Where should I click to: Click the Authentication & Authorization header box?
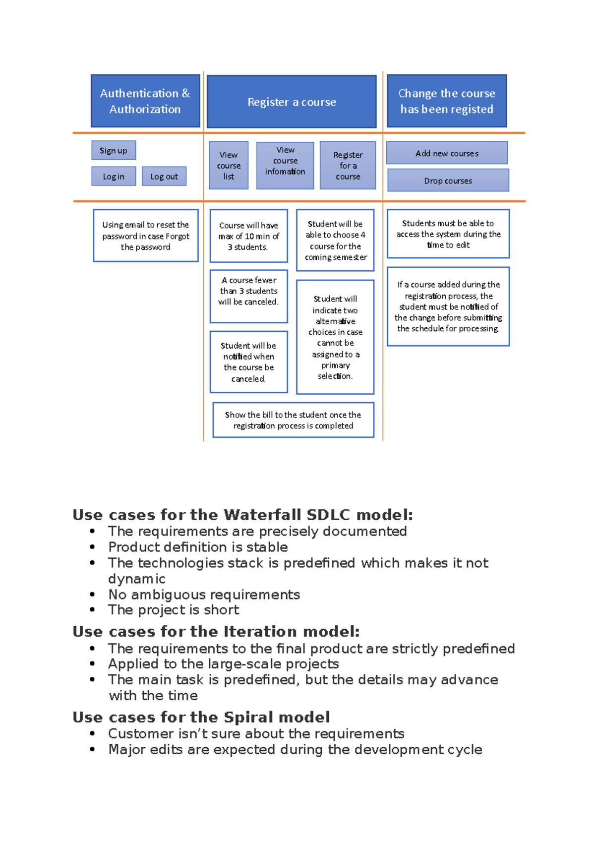(145, 101)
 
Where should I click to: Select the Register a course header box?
(292, 102)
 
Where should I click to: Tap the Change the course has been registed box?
(447, 101)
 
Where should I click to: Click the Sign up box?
(114, 150)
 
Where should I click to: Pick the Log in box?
(114, 176)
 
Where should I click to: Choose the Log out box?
(164, 176)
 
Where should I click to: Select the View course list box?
(229, 166)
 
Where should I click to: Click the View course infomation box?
(285, 166)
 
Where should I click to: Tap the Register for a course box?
(348, 166)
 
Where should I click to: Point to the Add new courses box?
(447, 153)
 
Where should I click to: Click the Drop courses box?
(448, 180)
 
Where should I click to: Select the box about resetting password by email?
(146, 236)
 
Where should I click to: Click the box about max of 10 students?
(248, 236)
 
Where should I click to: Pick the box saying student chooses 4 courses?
(335, 241)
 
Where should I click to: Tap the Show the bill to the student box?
(293, 420)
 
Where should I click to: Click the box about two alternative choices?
(335, 337)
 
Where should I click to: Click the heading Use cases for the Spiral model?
(201, 717)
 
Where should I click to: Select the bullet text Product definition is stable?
(198, 547)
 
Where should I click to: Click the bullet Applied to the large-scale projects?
(224, 663)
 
